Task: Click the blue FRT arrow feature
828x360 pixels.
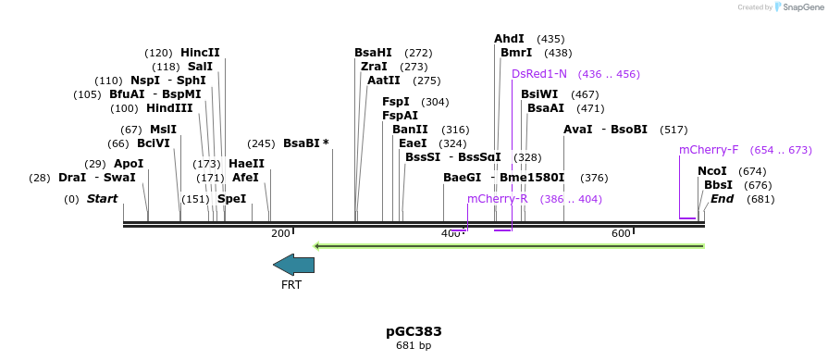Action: click(x=293, y=265)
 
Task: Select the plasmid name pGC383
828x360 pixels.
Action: click(x=414, y=330)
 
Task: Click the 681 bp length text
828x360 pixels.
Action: click(x=414, y=345)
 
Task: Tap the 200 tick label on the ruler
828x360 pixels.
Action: click(x=280, y=233)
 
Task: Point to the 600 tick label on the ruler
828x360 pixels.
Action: click(x=620, y=233)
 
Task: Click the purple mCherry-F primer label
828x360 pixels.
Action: click(x=709, y=150)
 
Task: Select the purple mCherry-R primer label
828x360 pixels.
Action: click(x=497, y=199)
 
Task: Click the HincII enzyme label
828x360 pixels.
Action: click(x=200, y=53)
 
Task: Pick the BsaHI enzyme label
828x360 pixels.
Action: click(x=373, y=53)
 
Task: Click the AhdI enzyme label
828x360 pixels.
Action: click(x=509, y=39)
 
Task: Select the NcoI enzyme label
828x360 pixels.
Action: click(x=711, y=171)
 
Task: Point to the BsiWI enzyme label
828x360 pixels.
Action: click(x=539, y=94)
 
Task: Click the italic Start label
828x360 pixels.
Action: click(x=103, y=199)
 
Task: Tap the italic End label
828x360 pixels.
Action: click(x=722, y=199)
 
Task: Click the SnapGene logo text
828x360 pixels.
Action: click(x=801, y=7)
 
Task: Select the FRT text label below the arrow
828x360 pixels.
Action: click(x=291, y=285)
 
